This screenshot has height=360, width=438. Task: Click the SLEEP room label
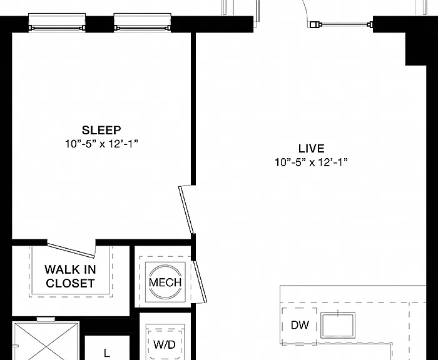101,130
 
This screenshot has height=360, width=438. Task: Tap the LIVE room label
311,149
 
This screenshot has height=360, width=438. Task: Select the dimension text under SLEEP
101,144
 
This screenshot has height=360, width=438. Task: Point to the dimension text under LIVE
311,162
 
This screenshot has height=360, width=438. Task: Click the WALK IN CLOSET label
70,276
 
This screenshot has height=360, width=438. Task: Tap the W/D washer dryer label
165,344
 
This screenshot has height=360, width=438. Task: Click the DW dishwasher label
300,325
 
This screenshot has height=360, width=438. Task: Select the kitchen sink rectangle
338,326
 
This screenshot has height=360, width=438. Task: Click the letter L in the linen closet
107,353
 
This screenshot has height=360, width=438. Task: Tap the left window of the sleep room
57,23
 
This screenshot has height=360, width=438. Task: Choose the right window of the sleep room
143,23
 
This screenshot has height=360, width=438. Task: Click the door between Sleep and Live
186,209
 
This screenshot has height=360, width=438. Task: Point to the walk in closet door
71,251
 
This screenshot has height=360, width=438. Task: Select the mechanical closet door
200,281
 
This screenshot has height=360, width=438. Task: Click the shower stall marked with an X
46,341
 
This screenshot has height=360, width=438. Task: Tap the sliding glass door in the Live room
342,24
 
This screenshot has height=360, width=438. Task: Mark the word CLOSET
70,283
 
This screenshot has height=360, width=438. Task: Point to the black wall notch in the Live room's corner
415,49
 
